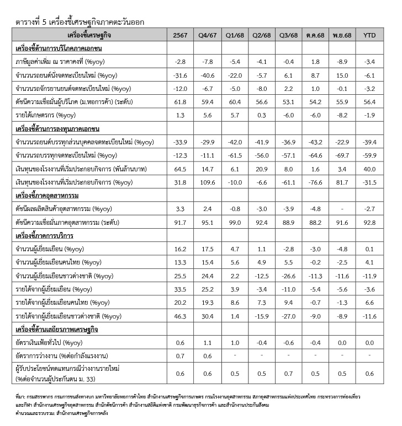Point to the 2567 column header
179,35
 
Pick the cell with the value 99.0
235,222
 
